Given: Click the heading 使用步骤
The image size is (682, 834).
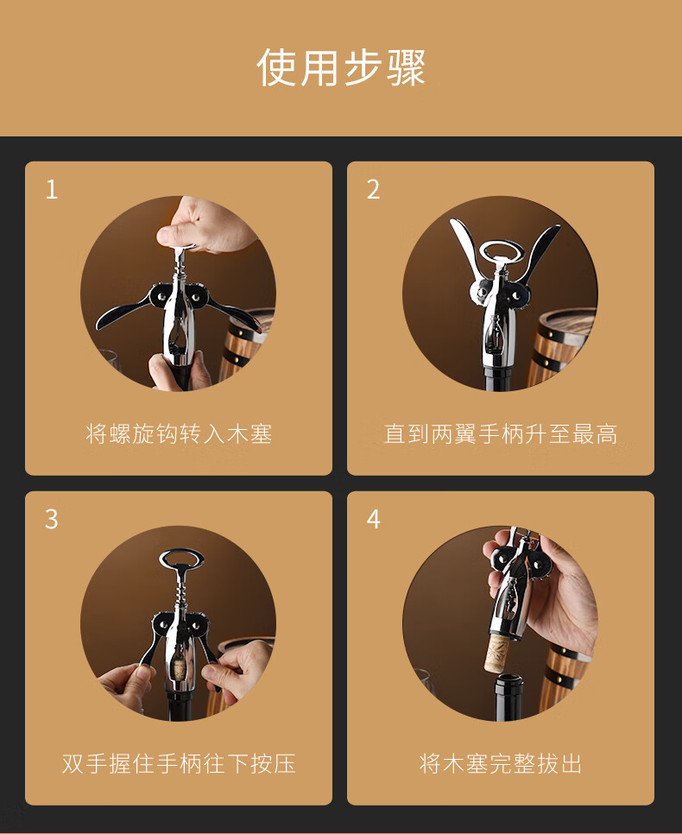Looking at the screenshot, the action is (341, 67).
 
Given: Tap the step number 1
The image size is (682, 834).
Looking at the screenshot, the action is (52, 189).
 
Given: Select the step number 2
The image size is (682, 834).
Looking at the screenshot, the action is (374, 189).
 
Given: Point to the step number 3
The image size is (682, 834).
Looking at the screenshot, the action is (52, 519).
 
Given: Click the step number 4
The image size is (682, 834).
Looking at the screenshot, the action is (374, 519).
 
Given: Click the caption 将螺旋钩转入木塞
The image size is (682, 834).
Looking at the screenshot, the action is (179, 434).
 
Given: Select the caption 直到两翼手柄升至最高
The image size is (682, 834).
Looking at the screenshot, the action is (501, 434).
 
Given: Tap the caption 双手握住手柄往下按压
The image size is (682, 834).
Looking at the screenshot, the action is (179, 764).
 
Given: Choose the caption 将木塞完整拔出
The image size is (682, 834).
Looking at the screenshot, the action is (501, 764).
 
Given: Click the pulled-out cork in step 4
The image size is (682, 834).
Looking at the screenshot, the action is (498, 654).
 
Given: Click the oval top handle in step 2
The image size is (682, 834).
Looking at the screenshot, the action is (501, 250).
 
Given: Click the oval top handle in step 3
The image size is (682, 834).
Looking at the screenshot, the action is (181, 559).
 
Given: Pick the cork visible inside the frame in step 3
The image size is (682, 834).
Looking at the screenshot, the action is (179, 669).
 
